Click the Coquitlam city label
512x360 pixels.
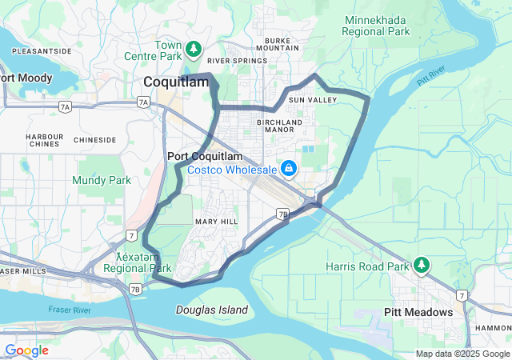click(x=175, y=82)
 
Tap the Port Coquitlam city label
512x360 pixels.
click(x=205, y=156)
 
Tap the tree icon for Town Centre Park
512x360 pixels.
click(x=193, y=50)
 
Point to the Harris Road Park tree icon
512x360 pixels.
click(x=422, y=265)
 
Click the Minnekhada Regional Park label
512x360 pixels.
click(x=375, y=26)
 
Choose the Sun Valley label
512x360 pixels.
click(x=308, y=99)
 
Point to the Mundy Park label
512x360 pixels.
click(x=102, y=181)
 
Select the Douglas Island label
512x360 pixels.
click(x=212, y=310)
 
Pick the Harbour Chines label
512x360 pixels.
click(x=43, y=141)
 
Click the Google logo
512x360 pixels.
click(x=26, y=350)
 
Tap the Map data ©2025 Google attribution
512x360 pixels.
click(x=462, y=354)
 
